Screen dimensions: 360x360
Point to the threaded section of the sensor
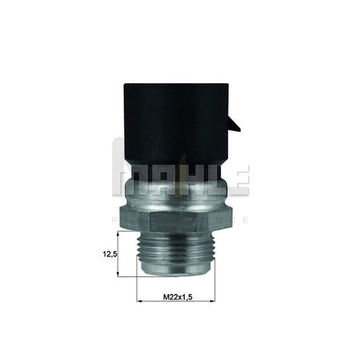point(176,253)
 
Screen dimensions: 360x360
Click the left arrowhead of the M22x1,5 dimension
point(140,300)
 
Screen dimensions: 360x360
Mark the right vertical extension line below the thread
point(214,287)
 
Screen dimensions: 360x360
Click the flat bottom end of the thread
point(176,274)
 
